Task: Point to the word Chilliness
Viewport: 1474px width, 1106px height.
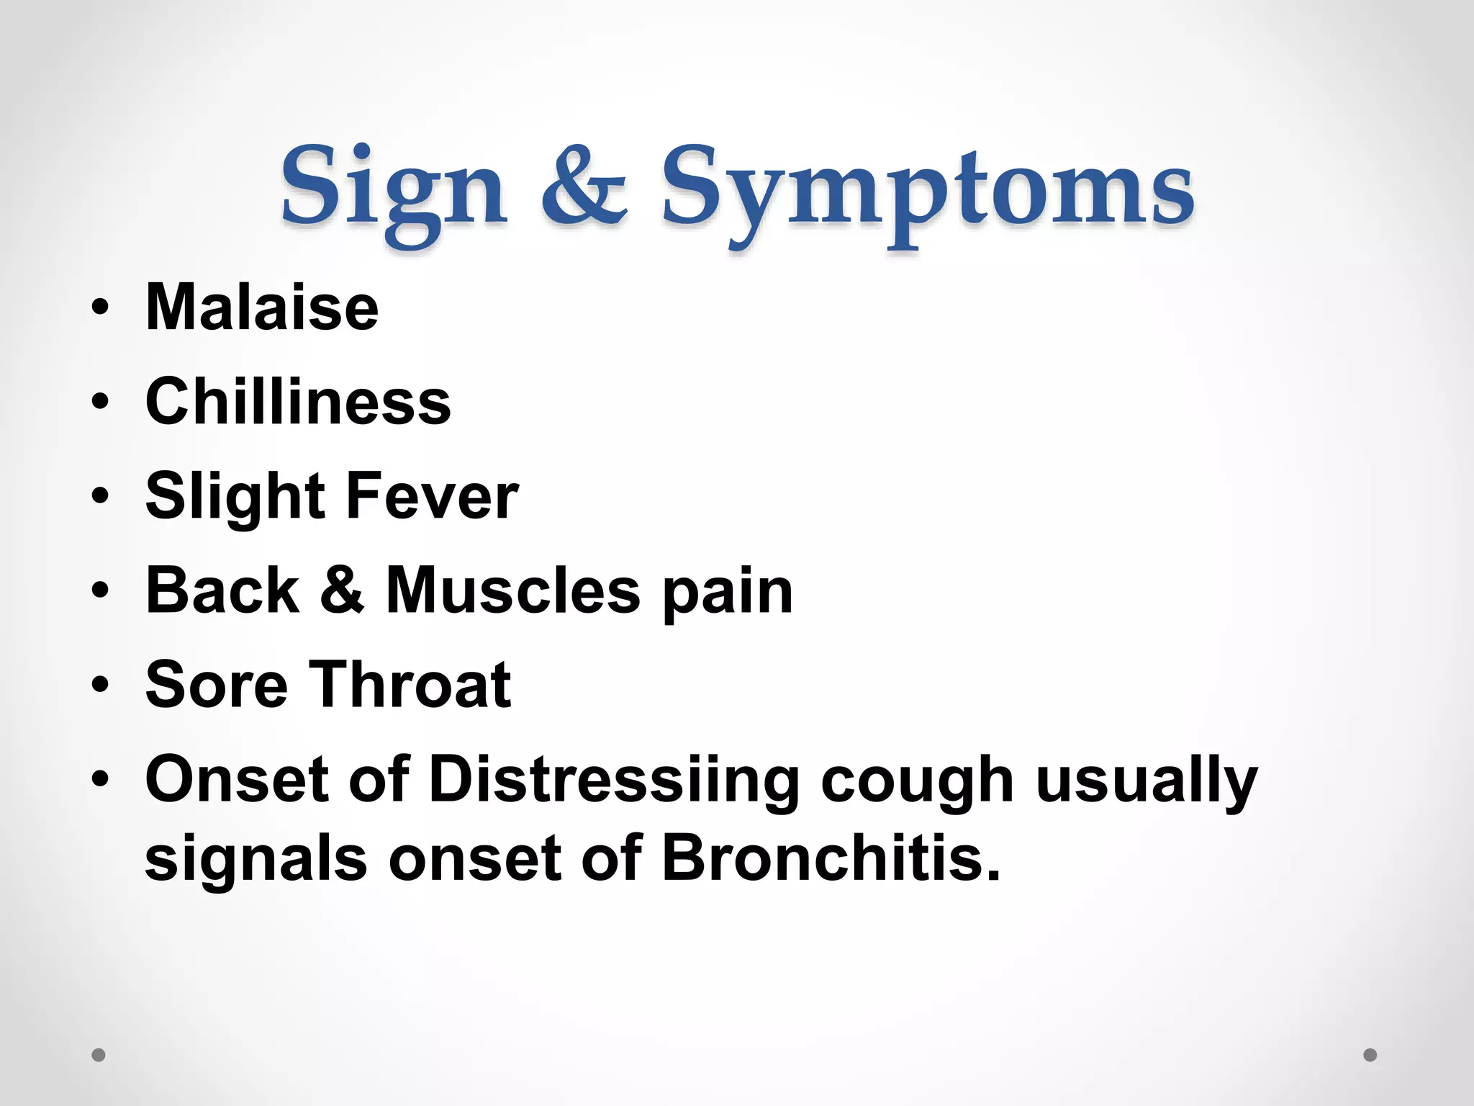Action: point(298,401)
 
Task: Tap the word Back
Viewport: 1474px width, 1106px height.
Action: point(222,590)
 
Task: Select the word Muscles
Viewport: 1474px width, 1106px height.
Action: point(512,590)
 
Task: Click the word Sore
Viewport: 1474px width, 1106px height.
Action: point(217,684)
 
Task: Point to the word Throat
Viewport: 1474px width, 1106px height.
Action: point(410,684)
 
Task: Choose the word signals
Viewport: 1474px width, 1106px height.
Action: point(256,861)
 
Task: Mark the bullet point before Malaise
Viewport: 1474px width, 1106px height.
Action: point(100,308)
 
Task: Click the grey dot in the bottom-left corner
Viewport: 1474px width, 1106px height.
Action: point(99,1055)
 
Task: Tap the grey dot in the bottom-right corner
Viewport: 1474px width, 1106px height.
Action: point(1370,1055)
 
